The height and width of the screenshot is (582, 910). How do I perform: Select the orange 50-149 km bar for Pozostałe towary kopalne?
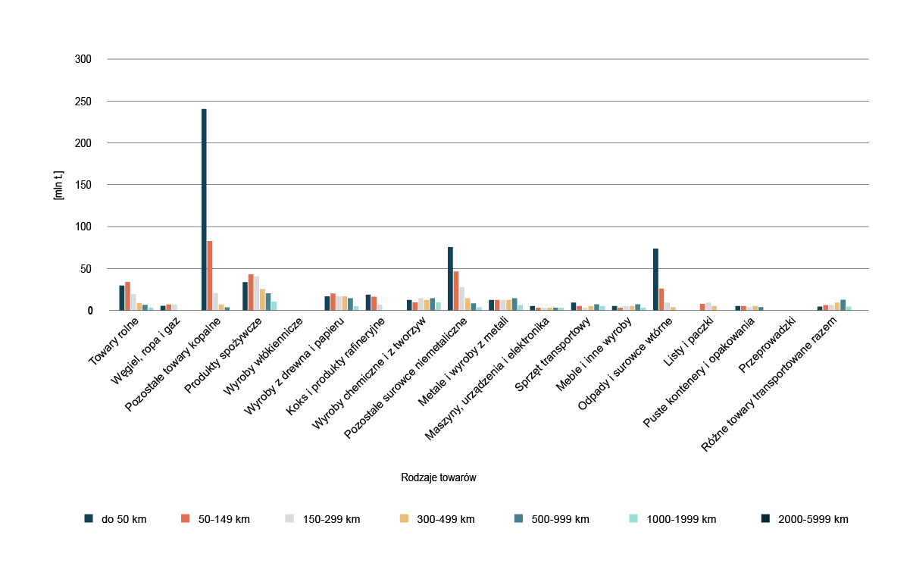(210, 276)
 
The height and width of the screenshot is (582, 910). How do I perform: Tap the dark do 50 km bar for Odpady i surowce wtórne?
(655, 280)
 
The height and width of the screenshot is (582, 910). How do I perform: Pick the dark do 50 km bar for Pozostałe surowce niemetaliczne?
(450, 279)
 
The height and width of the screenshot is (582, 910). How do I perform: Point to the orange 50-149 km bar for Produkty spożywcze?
(251, 293)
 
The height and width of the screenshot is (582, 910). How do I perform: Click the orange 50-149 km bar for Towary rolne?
(127, 296)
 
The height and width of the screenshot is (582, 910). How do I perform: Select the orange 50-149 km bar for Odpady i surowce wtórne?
(661, 299)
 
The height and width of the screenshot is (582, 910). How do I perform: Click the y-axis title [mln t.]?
(58, 185)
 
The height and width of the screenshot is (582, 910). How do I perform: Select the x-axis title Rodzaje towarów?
(438, 478)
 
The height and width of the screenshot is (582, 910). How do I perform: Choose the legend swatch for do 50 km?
(89, 519)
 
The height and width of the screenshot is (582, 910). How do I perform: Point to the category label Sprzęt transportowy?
(554, 356)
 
